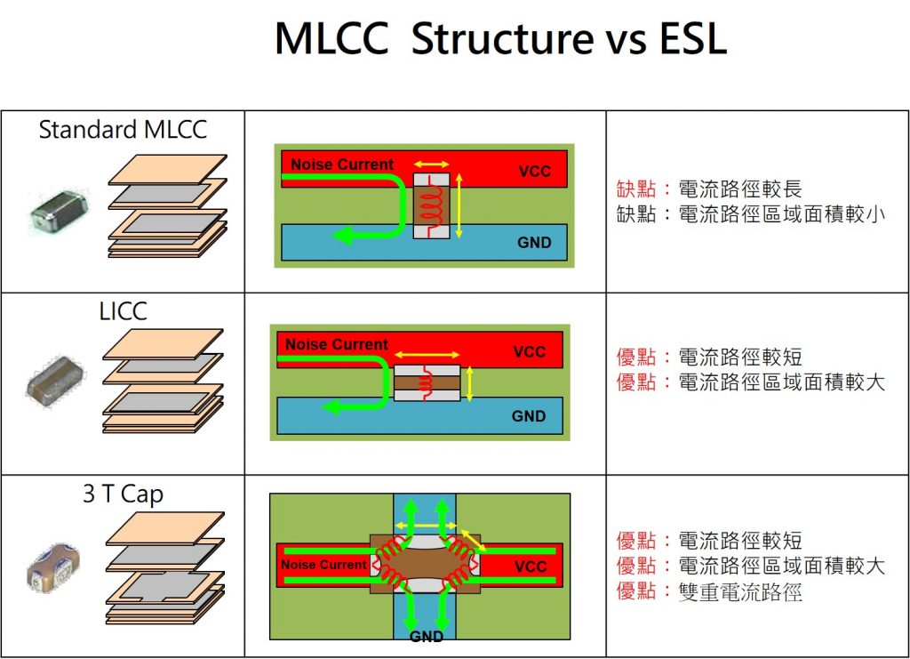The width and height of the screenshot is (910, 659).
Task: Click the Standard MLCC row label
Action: click(123, 130)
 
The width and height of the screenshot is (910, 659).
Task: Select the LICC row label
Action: click(123, 311)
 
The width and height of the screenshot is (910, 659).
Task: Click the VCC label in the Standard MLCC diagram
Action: click(535, 172)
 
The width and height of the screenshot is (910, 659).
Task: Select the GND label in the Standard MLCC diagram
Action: click(534, 242)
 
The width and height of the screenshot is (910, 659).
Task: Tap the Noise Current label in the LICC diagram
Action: click(337, 344)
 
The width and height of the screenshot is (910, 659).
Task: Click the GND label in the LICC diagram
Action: click(529, 415)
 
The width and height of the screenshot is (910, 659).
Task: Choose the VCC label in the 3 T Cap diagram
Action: click(531, 567)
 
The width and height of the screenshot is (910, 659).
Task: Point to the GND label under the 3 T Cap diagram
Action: click(427, 637)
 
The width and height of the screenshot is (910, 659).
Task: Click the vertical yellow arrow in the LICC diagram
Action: click(470, 383)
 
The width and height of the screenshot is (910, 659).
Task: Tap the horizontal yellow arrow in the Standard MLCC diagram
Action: click(432, 165)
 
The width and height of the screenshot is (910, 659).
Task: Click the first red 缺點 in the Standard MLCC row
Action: click(635, 189)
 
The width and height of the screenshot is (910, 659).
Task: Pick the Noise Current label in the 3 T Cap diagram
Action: click(323, 565)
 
